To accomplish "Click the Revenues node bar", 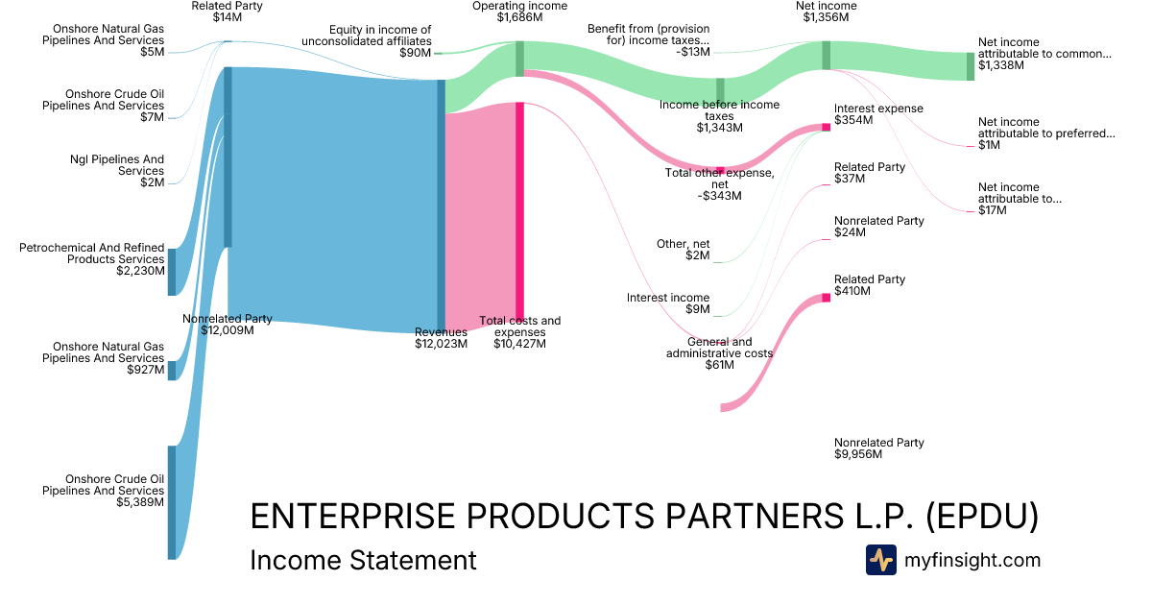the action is (x=442, y=206).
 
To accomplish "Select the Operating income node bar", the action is (x=519, y=58).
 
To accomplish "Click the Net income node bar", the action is (x=826, y=55).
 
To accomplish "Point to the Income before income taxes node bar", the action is (x=720, y=89).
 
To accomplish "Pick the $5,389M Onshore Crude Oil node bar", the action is (x=172, y=501).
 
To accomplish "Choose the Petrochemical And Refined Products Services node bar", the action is (x=172, y=271).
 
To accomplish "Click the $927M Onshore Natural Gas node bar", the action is (x=172, y=370).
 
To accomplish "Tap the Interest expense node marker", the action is (x=826, y=127).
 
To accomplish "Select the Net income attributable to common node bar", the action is (x=970, y=66).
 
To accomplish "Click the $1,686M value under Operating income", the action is (x=519, y=18).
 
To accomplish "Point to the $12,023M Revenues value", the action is (x=441, y=344).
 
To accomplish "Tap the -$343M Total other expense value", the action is (x=719, y=196).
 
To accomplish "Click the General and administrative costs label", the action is (x=719, y=347).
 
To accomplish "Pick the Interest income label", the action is (x=668, y=298).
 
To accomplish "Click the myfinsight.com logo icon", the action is (x=880, y=560).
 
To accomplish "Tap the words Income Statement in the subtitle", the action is (x=363, y=560).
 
